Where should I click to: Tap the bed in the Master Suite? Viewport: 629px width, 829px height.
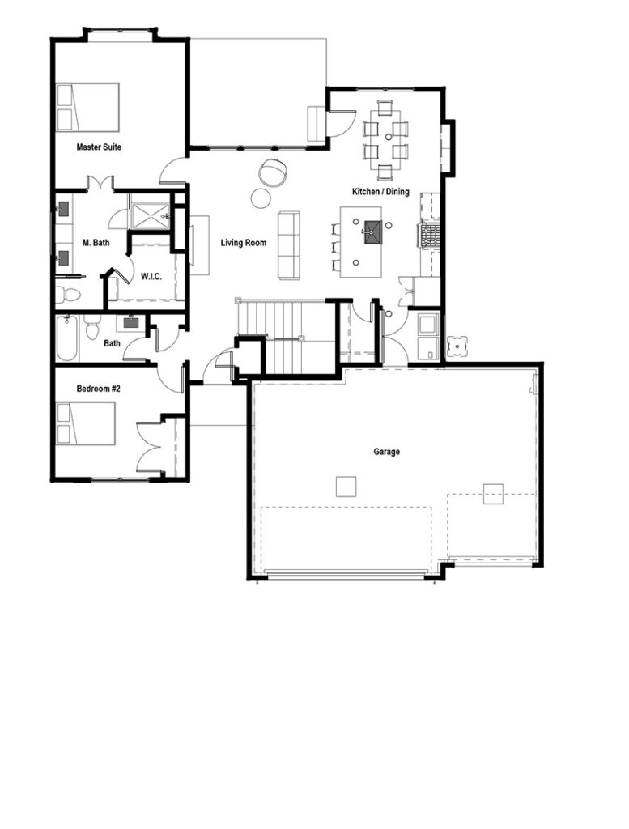pos(87,107)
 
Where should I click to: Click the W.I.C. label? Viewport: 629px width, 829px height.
pos(151,276)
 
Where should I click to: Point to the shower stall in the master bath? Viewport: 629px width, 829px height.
pos(149,213)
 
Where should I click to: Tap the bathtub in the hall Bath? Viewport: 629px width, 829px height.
pos(67,338)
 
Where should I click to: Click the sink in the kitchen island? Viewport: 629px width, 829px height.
pos(372,232)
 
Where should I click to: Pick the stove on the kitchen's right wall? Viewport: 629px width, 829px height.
pos(428,236)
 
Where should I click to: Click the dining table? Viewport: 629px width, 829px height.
pos(385,139)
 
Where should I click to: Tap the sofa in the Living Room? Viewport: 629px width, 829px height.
pos(289,244)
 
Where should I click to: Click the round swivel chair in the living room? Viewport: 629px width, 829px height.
pos(273,172)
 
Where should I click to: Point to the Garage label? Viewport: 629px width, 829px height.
pos(386,452)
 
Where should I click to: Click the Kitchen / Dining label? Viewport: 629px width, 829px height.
pos(380,192)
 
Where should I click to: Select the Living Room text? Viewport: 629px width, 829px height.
pos(244,242)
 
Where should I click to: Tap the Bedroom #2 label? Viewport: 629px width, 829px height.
pos(98,389)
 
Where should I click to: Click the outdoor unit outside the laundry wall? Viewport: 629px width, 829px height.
pos(457,346)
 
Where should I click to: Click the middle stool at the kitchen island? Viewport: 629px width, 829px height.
pos(335,247)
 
